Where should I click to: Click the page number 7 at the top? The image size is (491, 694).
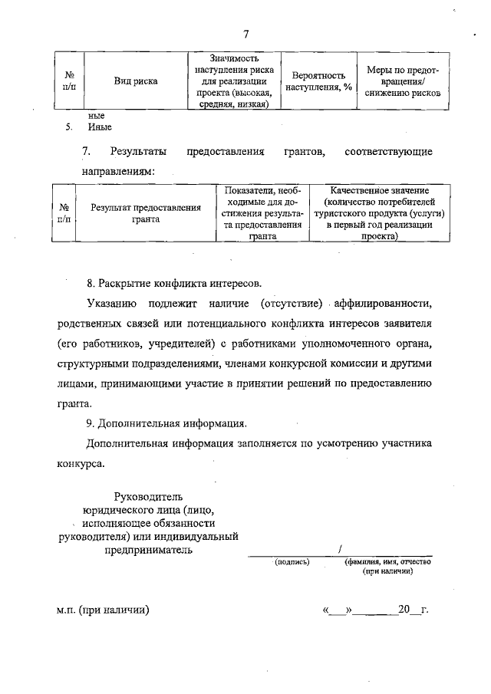coord(245,33)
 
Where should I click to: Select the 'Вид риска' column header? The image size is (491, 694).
coord(136,81)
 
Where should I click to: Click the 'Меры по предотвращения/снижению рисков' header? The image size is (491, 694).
coord(403,81)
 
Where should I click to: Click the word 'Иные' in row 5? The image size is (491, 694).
coord(100,127)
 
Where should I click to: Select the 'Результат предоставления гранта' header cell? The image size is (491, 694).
coord(145,213)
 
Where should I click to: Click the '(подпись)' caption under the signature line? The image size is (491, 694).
coord(292,561)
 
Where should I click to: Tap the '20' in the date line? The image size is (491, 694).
coord(405,610)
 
